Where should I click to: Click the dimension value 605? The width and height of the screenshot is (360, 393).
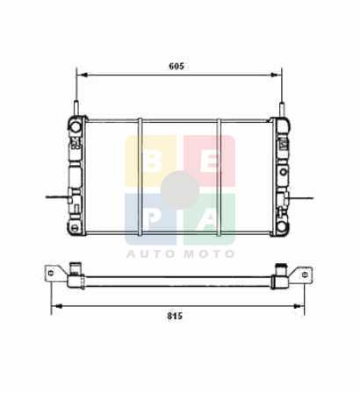click(176, 67)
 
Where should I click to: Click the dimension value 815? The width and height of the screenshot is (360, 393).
click(175, 316)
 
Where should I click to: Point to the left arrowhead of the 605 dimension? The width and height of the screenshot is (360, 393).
click(84, 75)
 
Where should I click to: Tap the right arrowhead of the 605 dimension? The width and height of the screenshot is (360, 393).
click(274, 75)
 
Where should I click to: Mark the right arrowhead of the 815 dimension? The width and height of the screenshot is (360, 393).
click(298, 306)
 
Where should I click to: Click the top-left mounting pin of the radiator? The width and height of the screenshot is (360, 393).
click(76, 108)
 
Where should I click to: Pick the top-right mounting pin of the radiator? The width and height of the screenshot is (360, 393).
click(282, 111)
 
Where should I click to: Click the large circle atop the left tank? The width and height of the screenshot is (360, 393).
click(76, 126)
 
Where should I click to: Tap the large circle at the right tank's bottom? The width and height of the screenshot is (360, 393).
click(282, 226)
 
